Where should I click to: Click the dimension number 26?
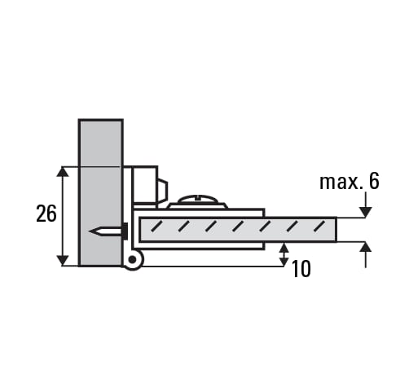(46, 214)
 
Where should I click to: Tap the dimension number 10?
(301, 269)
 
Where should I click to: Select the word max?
(341, 182)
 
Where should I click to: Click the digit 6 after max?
(374, 181)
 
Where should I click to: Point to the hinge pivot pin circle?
(132, 260)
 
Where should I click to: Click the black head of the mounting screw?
(125, 231)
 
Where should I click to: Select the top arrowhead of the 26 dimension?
(63, 172)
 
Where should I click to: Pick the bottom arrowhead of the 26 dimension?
(63, 261)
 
